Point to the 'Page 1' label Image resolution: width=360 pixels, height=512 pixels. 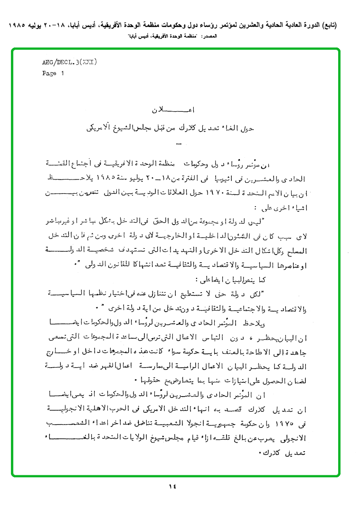(x=53, y=73)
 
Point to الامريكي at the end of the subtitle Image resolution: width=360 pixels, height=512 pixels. (x=102, y=128)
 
